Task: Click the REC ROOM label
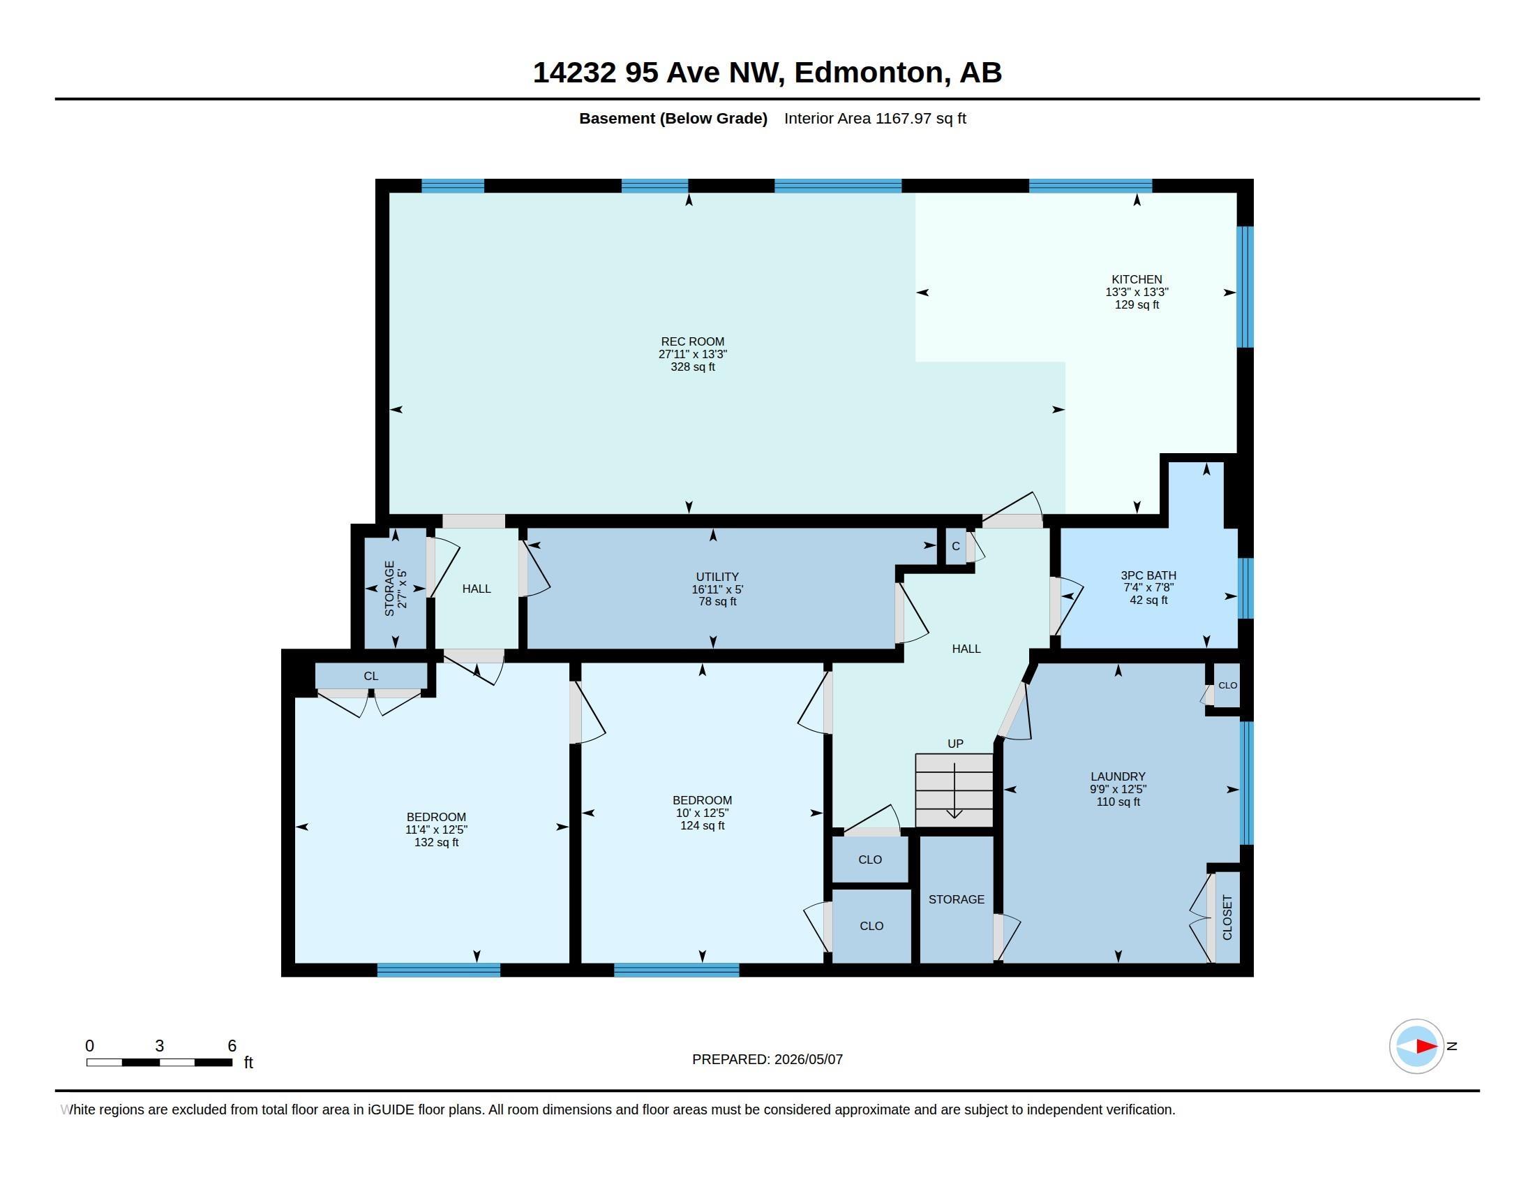click(x=692, y=341)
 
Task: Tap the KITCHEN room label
click(x=1137, y=279)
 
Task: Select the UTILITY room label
click(x=717, y=577)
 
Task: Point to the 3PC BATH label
click(x=1148, y=575)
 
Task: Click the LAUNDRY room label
click(x=1118, y=776)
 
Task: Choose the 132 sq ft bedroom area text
click(x=437, y=842)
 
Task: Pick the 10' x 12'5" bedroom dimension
click(x=702, y=813)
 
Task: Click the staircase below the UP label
click(x=954, y=790)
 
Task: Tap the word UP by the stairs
click(x=955, y=744)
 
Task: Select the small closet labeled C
click(x=956, y=547)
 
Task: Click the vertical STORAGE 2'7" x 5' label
click(x=396, y=589)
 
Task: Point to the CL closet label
click(x=371, y=676)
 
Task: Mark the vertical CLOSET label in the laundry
click(x=1227, y=917)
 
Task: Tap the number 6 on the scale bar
click(x=232, y=1046)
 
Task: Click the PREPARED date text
click(x=767, y=1059)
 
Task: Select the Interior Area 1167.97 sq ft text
click(x=875, y=118)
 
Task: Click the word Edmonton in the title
click(x=869, y=73)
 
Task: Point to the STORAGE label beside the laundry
click(x=956, y=899)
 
